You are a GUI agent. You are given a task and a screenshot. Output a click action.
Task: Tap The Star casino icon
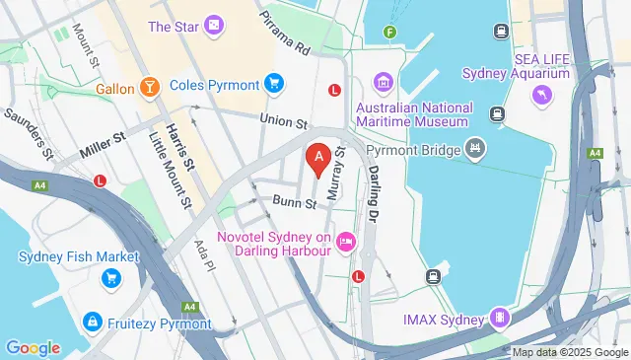(214, 28)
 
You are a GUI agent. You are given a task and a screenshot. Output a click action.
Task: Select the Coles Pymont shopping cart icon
(274, 85)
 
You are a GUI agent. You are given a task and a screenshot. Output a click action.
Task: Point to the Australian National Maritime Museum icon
(383, 81)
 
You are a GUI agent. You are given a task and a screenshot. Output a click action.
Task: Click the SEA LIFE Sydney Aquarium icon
(539, 94)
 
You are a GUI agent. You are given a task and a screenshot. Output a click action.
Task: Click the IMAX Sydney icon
(500, 319)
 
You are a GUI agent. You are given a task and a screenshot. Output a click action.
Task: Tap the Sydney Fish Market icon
(110, 279)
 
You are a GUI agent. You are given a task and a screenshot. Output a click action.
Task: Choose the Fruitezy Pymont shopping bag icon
(92, 322)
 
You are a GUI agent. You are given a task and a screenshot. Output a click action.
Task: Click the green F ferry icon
(390, 32)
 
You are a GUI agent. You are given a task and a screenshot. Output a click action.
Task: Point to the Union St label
(285, 121)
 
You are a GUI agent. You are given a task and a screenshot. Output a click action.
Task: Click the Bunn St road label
(294, 203)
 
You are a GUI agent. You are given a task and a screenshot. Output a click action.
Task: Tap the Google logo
(33, 347)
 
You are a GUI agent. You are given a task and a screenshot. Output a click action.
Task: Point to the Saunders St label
(28, 133)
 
